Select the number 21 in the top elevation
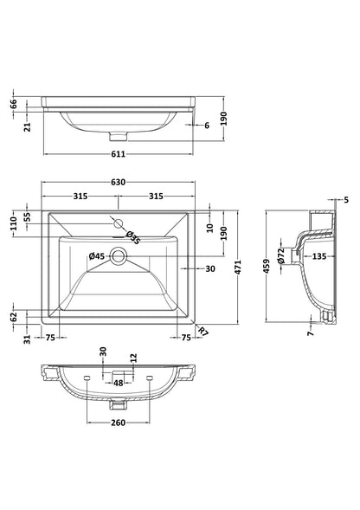[29, 128]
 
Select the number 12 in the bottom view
[133, 357]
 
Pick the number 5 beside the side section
[346, 200]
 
